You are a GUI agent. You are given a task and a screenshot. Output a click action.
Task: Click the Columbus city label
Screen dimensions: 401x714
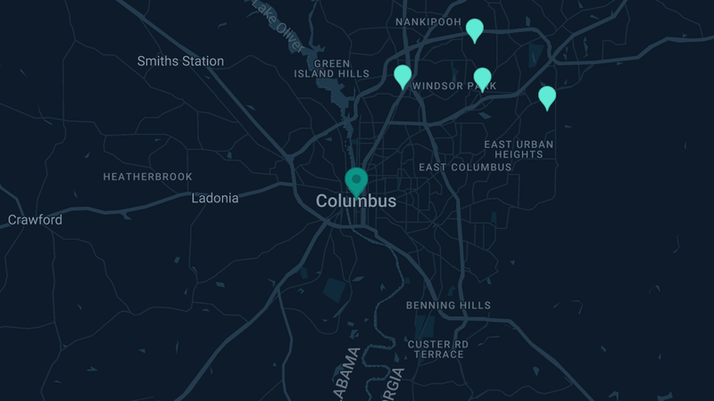356,201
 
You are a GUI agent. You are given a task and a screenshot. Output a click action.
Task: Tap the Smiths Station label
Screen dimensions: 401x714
180,61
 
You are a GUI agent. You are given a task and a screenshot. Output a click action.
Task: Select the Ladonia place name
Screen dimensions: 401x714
215,198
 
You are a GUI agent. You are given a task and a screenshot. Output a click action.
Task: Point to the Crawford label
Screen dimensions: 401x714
35,219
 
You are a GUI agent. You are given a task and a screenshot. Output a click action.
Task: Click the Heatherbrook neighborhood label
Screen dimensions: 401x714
147,176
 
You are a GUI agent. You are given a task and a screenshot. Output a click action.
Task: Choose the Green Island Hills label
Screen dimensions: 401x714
331,69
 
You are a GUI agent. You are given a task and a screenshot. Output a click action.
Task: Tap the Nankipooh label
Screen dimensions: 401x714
428,21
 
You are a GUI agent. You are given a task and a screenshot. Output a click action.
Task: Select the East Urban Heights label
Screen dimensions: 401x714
519,149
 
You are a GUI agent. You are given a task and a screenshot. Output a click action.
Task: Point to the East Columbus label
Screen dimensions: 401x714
465,167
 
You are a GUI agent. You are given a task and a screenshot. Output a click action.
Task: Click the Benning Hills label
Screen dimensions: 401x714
448,306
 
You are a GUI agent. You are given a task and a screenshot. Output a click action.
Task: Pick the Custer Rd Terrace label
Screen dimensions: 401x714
437,348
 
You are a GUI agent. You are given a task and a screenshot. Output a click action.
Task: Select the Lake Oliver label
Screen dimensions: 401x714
277,18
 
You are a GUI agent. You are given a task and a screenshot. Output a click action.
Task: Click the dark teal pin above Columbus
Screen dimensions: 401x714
356,181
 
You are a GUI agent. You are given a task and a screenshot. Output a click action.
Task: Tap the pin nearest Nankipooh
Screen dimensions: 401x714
475,30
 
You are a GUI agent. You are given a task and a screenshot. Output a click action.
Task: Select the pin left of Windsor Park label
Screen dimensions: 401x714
403,76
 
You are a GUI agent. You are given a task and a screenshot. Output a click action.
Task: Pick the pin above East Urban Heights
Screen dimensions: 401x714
547,96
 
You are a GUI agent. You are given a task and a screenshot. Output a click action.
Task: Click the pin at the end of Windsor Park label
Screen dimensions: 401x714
482,78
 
